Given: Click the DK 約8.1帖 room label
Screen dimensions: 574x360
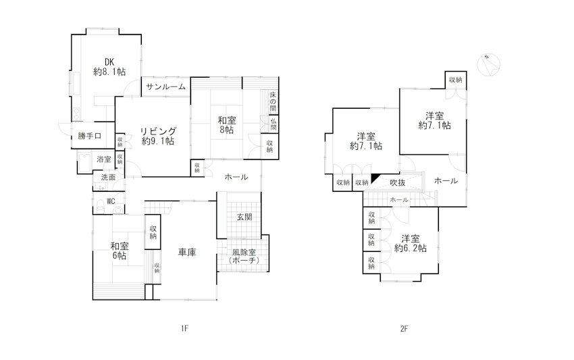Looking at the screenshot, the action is click(x=109, y=67).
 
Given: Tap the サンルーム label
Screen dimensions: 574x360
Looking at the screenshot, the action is click(x=166, y=87).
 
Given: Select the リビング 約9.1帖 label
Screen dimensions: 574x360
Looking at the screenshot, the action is click(x=158, y=136).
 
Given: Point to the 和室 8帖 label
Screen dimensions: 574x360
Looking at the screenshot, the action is click(x=227, y=125).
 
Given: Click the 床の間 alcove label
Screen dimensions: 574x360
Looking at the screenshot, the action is click(x=273, y=102).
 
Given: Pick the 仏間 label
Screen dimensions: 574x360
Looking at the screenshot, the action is click(x=273, y=124).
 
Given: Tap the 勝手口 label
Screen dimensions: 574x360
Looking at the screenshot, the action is click(x=89, y=136).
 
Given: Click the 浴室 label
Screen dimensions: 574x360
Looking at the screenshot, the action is click(x=103, y=159).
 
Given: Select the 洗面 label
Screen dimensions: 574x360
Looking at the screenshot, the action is click(x=108, y=177).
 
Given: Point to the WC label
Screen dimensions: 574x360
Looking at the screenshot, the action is click(x=111, y=201).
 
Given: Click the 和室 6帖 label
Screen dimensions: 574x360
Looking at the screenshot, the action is click(x=120, y=251).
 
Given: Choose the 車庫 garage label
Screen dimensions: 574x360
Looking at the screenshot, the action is click(x=187, y=252).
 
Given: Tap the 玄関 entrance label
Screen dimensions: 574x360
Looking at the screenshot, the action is click(x=244, y=217).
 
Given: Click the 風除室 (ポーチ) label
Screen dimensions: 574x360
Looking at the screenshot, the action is click(x=244, y=257).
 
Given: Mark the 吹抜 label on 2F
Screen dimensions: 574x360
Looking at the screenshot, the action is click(x=398, y=182).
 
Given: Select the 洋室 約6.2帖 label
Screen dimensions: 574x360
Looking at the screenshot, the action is click(x=411, y=244).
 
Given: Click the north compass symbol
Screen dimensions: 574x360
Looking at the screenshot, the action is click(x=489, y=64).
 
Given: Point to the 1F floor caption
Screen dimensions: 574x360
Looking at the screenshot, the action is click(x=184, y=328).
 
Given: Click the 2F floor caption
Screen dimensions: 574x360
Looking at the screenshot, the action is click(x=404, y=328).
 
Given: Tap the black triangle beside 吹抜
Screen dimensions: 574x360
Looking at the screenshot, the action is click(x=375, y=177).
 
